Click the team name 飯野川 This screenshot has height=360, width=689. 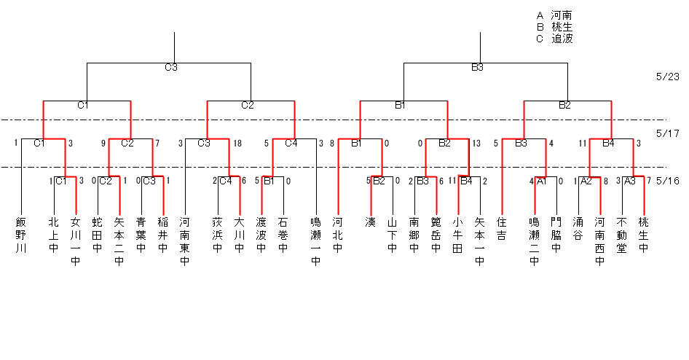point(20,235)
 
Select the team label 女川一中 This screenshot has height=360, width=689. point(76,241)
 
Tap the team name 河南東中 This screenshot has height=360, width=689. point(184,241)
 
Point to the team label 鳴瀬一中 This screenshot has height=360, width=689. point(315,241)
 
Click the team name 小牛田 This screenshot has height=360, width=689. point(457,235)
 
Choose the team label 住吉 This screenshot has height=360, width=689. point(501,229)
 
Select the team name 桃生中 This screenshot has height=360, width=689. point(643,235)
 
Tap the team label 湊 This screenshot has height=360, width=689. point(371,222)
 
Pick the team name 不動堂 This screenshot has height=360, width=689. point(621,235)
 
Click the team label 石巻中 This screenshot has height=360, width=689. point(283,235)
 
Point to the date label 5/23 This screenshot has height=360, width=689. point(667,77)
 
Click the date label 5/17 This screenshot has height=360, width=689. point(667,133)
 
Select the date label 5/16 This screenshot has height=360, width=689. point(667,181)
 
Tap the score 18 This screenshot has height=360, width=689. point(237,144)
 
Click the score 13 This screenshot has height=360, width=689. point(476,144)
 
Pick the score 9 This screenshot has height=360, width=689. point(103,144)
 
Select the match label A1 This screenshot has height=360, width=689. point(542,181)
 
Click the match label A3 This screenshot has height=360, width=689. point(630,181)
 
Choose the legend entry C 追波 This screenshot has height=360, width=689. point(554,39)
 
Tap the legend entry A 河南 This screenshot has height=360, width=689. point(554,16)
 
